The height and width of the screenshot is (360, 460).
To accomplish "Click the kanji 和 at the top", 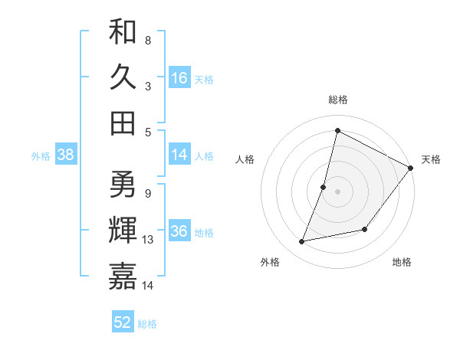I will (x=123, y=32).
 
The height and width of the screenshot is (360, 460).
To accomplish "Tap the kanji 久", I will (x=123, y=77).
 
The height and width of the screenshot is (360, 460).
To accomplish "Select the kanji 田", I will (x=123, y=123).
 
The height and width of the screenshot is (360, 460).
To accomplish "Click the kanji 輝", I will (x=123, y=231).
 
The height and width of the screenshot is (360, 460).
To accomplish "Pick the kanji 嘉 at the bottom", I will (x=123, y=277).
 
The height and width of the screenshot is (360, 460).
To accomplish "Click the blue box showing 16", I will (x=179, y=78).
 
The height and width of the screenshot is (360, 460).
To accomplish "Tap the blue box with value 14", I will (x=179, y=155).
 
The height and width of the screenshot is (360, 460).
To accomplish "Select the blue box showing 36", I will (x=179, y=231).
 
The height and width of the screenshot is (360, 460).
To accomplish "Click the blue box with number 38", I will (x=66, y=155).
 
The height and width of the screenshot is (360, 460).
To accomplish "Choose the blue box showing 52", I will (x=123, y=322).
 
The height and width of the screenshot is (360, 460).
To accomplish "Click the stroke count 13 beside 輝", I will (x=148, y=240).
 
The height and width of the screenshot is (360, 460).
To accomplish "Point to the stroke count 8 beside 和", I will (x=147, y=40).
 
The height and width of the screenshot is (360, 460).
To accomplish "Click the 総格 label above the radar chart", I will (x=337, y=100).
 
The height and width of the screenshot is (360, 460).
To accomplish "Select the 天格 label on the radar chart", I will (x=431, y=159).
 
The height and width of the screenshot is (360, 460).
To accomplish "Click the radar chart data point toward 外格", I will (x=302, y=242).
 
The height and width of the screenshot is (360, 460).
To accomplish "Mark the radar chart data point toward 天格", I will (x=410, y=169).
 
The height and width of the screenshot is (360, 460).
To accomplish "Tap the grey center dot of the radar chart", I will (x=337, y=191).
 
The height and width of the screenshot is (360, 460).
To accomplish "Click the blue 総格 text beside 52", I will (x=147, y=324).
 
